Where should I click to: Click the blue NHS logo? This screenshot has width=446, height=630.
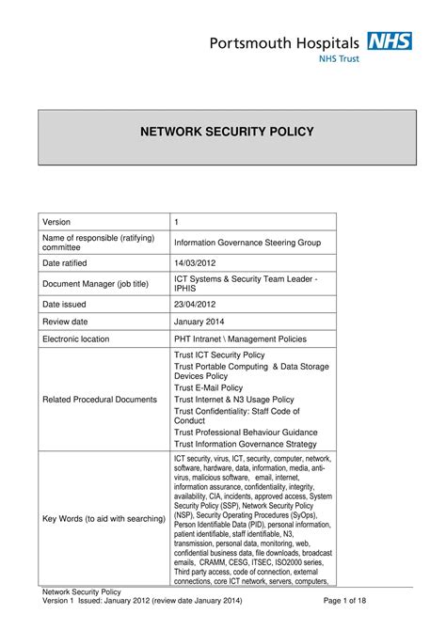pyautogui.click(x=389, y=41)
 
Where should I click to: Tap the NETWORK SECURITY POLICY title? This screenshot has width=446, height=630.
pyautogui.click(x=222, y=132)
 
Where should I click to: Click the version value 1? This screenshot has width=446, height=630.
pyautogui.click(x=177, y=221)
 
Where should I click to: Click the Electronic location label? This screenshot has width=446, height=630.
pyautogui.click(x=83, y=339)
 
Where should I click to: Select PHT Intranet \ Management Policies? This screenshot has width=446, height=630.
pyautogui.click(x=240, y=339)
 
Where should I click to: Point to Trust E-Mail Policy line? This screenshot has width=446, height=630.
pyautogui.click(x=215, y=386)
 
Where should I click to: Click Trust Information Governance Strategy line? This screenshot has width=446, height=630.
pyautogui.click(x=246, y=444)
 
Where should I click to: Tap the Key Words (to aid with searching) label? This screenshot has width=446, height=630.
pyautogui.click(x=104, y=518)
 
